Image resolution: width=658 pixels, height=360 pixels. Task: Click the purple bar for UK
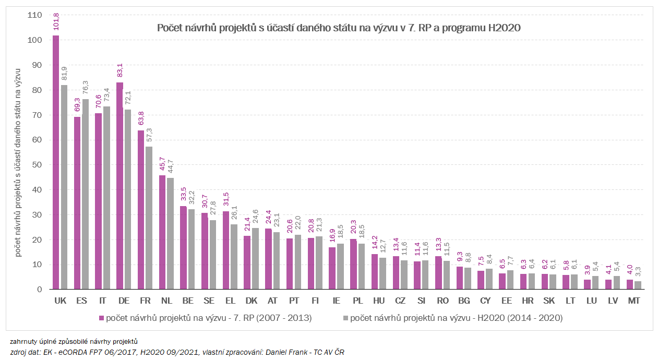click(x=56, y=162)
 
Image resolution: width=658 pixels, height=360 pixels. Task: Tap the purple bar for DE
click(x=119, y=186)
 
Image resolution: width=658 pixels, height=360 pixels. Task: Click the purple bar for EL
click(x=226, y=250)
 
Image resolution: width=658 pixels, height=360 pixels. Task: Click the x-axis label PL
click(x=357, y=301)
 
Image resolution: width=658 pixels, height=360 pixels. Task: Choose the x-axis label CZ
click(x=400, y=301)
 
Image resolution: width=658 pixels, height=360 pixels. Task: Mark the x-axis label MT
click(x=633, y=301)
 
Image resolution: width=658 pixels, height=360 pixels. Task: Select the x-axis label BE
click(x=188, y=301)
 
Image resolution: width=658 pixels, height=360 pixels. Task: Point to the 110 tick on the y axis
click(x=34, y=15)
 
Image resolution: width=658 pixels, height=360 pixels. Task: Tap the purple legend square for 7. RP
click(x=101, y=318)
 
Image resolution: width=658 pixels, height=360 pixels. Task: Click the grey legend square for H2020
click(x=345, y=318)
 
